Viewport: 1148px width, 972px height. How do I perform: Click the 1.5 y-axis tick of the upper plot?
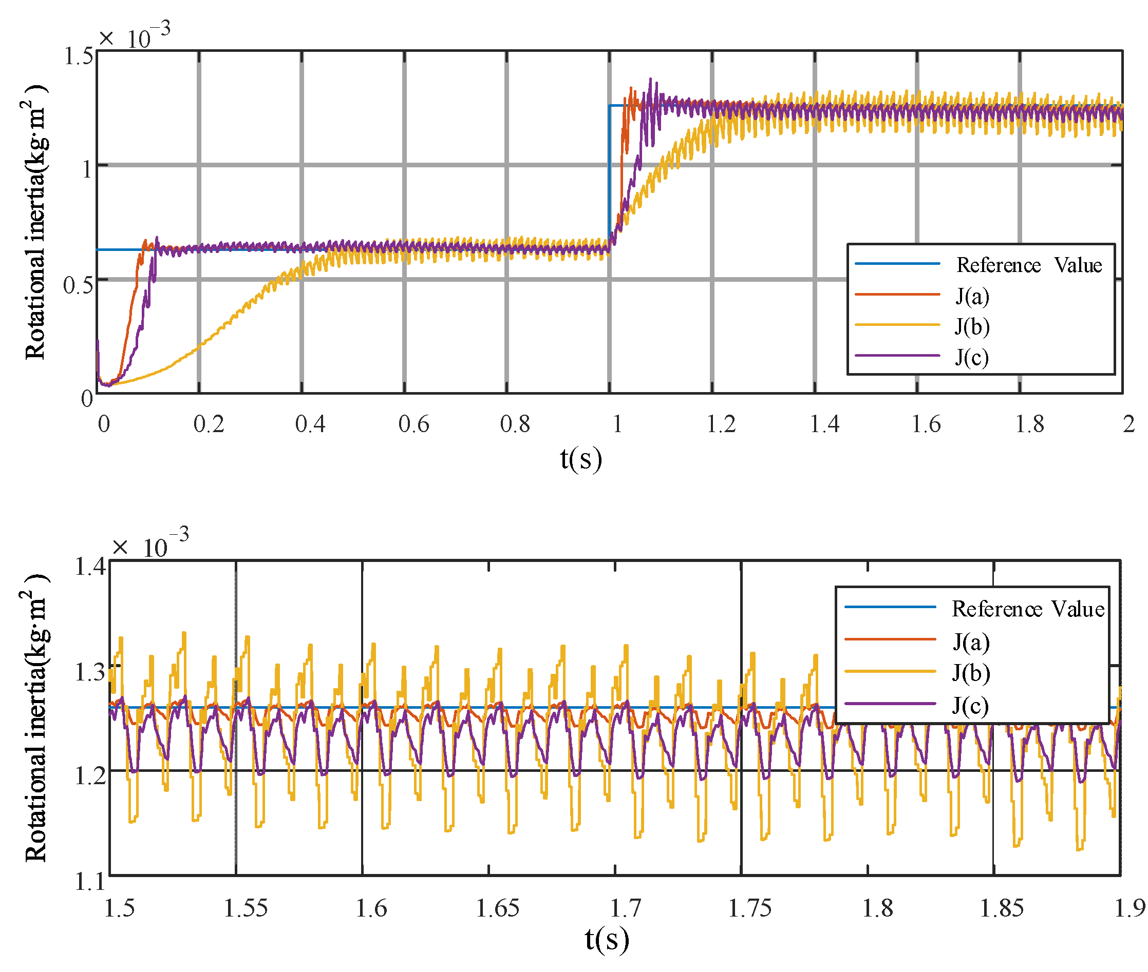(x=79, y=55)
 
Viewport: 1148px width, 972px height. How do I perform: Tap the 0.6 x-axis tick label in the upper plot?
(x=413, y=424)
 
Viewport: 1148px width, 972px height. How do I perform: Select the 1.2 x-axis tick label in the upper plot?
(x=721, y=424)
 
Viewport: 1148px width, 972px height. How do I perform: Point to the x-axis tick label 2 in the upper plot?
(x=1128, y=424)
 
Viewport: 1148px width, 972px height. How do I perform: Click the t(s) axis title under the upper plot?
(x=580, y=459)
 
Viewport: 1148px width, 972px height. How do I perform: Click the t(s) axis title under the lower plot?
(x=607, y=939)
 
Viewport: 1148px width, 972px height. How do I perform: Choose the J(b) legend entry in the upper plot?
(x=971, y=327)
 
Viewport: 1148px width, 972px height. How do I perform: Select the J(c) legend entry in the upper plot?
(x=971, y=358)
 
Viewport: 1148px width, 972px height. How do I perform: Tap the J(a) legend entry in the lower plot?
(x=970, y=643)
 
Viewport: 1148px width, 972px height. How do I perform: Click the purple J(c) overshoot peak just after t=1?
(x=651, y=80)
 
